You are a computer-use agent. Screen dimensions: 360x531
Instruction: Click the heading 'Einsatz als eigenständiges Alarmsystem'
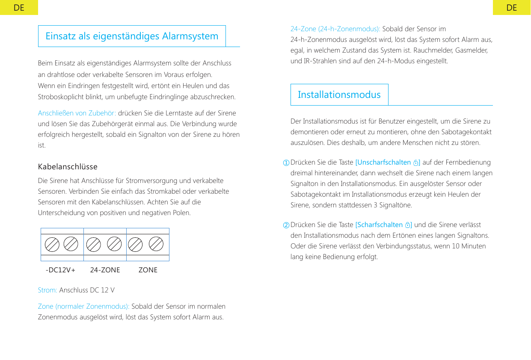point(132,36)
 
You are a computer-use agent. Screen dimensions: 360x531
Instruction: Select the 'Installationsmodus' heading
point(339,94)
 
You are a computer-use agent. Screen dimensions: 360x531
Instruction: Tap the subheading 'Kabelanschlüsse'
point(68,166)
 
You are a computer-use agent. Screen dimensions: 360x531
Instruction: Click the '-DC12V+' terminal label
point(60,270)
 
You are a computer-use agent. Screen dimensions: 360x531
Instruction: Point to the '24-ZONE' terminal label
point(105,270)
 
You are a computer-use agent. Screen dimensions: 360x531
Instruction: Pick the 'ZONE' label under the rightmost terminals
point(148,270)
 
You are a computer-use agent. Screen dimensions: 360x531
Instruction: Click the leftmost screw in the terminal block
point(52,245)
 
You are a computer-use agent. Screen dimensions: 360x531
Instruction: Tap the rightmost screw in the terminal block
point(156,244)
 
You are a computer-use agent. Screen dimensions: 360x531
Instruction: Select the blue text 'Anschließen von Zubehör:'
point(77,113)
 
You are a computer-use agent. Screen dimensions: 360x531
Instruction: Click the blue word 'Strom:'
point(47,290)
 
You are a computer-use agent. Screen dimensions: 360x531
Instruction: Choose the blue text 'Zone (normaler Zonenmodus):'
point(83,307)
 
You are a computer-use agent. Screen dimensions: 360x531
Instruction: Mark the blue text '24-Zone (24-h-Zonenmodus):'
point(335,29)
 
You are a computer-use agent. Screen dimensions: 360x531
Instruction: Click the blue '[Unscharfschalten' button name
point(383,162)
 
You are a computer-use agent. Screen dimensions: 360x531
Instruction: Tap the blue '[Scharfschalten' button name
point(379,225)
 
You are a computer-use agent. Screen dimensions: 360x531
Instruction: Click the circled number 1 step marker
point(285,163)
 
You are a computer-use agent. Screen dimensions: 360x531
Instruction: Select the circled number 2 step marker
point(285,225)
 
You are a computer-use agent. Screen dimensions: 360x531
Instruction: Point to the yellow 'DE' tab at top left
point(19,8)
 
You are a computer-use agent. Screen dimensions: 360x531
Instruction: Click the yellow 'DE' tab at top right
point(511,8)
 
